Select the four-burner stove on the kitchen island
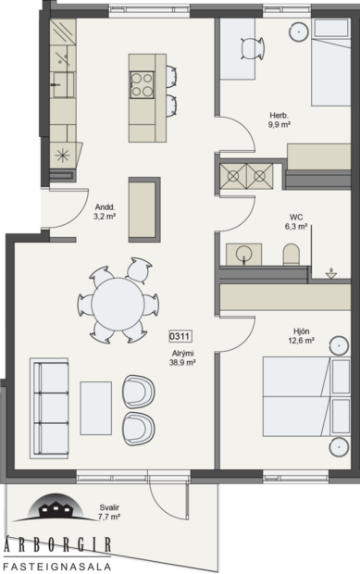[x=142, y=84]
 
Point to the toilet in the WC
[x=291, y=253]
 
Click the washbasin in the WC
[x=244, y=253]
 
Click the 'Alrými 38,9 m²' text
[x=182, y=357]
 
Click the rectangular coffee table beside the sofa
[x=95, y=406]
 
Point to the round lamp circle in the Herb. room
[x=299, y=31]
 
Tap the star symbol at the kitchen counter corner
[x=62, y=154]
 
